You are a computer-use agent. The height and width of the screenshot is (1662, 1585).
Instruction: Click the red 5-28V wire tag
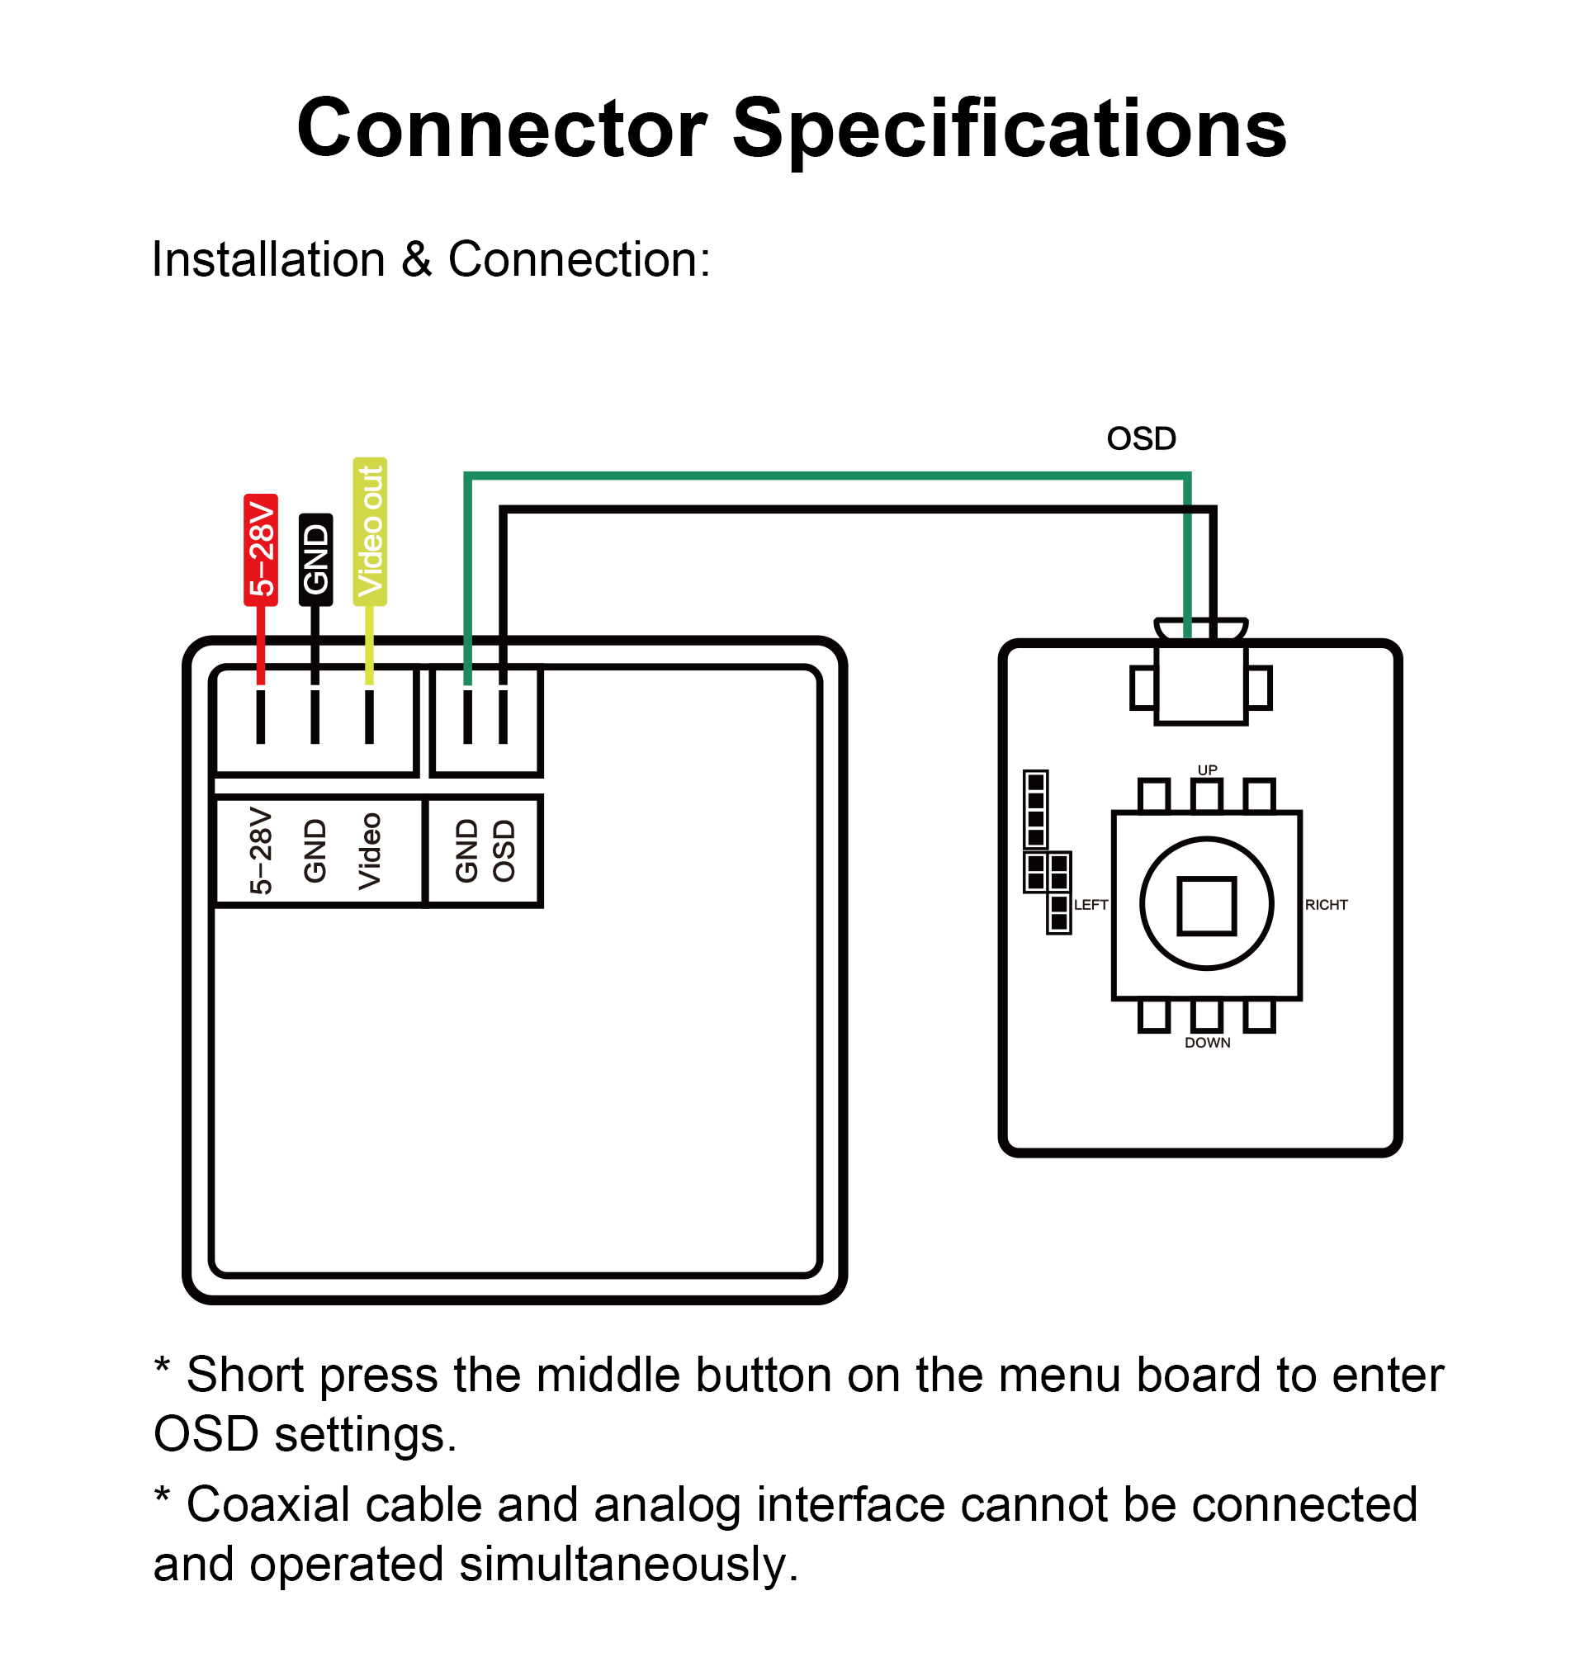point(260,550)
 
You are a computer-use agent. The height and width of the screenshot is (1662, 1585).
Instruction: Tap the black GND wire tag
point(315,559)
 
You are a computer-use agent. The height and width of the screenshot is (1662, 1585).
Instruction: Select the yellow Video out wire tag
point(370,532)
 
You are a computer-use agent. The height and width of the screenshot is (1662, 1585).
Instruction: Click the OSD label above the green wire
point(1142,438)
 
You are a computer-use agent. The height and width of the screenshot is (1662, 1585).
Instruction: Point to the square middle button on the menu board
point(1206,906)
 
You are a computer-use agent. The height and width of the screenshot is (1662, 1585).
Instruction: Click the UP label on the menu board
point(1208,769)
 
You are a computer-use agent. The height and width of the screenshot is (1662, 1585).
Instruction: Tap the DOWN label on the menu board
point(1208,1043)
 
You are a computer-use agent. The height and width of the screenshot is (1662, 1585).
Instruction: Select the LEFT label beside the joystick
point(1091,905)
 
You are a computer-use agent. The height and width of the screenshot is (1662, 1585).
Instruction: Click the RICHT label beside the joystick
point(1326,905)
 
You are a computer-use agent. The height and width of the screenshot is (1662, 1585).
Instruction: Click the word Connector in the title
point(502,129)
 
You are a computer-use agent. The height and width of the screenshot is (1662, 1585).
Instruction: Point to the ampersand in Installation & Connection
point(417,259)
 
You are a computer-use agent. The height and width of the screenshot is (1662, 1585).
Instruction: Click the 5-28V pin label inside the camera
point(261,851)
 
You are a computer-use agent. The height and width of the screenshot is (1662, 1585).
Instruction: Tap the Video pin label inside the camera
point(370,851)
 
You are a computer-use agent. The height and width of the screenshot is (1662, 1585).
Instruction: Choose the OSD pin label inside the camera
point(504,851)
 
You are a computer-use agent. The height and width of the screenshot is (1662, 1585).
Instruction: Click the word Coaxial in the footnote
point(267,1505)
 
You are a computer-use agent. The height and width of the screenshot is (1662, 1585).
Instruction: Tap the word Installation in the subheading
point(268,259)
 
